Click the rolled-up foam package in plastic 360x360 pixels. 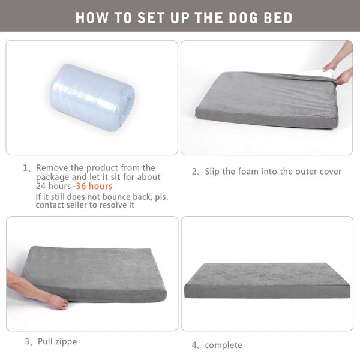tap(92, 97)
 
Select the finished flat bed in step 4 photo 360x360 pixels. tap(267, 280)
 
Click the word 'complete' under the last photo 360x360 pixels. tap(224, 345)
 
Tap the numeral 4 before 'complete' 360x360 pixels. tap(194, 345)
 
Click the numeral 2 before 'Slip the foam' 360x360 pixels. tap(194, 172)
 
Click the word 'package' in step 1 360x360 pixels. tap(52, 177)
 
